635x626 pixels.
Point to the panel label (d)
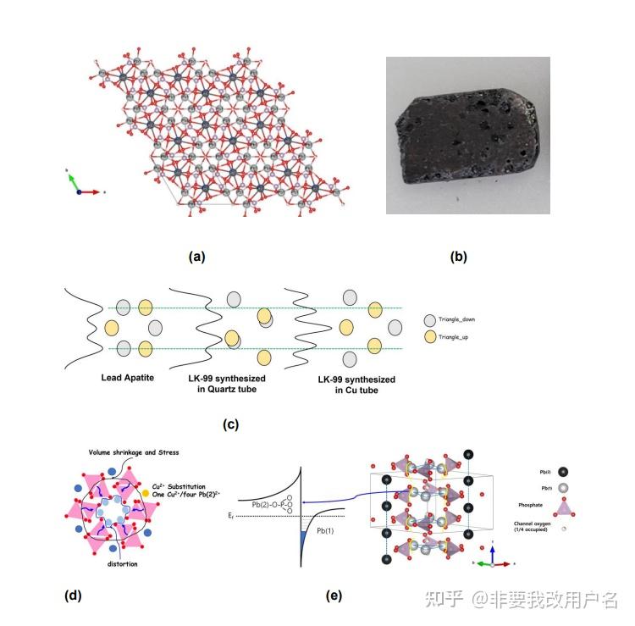74,596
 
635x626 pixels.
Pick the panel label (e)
334,596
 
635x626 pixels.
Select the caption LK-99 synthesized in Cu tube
346,385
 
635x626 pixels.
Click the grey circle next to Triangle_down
431,320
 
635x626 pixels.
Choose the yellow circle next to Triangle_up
431,337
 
